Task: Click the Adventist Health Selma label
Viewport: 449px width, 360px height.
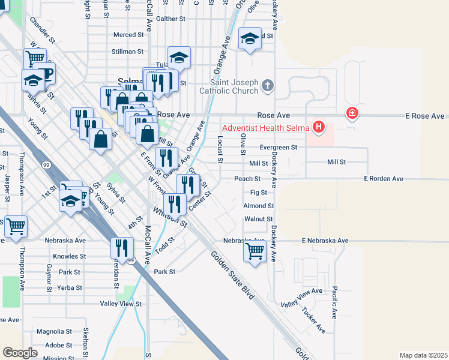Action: click(x=266, y=127)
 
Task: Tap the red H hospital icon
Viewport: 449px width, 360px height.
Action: click(x=319, y=127)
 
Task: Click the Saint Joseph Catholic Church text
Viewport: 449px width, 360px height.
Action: click(x=234, y=86)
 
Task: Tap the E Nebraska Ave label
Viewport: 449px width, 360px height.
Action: click(x=325, y=241)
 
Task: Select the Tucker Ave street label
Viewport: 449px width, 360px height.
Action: click(x=313, y=321)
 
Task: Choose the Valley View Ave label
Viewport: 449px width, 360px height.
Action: click(x=301, y=298)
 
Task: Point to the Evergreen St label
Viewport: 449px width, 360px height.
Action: click(x=279, y=147)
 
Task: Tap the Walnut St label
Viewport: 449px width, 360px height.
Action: click(x=259, y=219)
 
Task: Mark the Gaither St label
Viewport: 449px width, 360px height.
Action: click(x=170, y=19)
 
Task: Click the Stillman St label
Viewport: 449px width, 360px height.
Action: click(x=127, y=52)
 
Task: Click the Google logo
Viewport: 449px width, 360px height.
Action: click(x=20, y=353)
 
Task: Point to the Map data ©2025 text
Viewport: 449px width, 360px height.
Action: click(x=423, y=355)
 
